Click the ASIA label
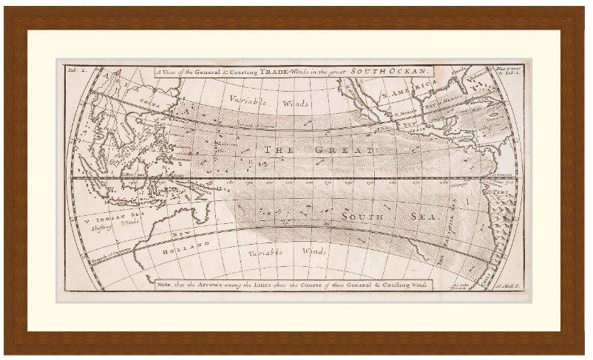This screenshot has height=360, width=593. click(111, 76)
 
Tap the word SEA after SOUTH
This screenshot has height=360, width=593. click(429, 218)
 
